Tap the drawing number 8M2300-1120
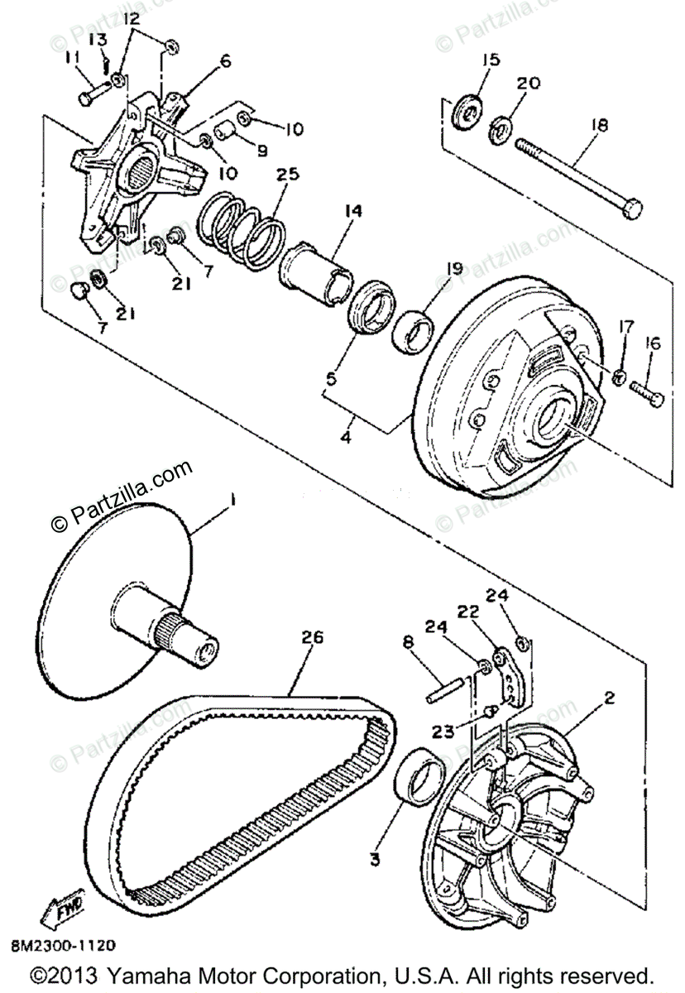(x=63, y=944)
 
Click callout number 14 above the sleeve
(x=353, y=212)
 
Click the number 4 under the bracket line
(x=346, y=436)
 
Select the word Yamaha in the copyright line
(x=175, y=974)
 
